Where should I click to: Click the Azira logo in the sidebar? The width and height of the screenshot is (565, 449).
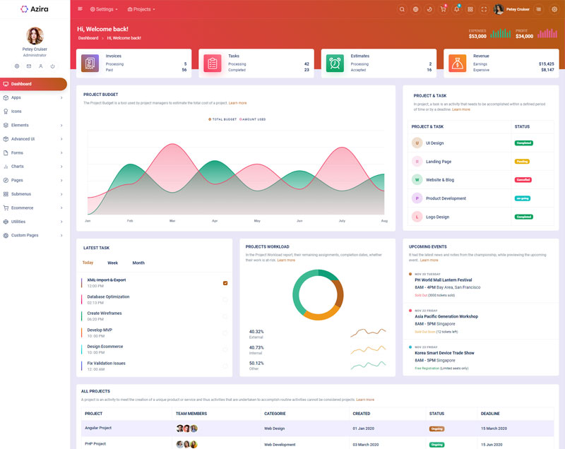(x=34, y=9)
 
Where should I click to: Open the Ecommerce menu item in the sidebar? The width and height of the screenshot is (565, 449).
(x=22, y=208)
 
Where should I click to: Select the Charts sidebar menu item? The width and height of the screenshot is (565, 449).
(x=18, y=167)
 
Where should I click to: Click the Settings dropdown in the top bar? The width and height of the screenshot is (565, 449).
(x=105, y=9)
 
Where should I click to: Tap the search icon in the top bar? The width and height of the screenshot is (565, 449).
(x=402, y=9)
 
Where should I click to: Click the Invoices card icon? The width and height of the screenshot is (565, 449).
(x=90, y=64)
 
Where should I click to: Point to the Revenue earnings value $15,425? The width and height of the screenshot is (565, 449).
(x=542, y=64)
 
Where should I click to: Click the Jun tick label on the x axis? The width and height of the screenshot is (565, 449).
(x=299, y=221)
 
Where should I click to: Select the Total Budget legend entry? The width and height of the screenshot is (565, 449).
(x=223, y=119)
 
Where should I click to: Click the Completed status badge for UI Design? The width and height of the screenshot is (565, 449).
(x=523, y=143)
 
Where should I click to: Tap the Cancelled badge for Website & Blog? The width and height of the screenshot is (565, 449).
(x=523, y=180)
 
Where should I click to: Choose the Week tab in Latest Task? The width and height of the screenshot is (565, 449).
(x=113, y=263)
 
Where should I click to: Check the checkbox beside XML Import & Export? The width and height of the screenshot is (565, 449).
(x=225, y=283)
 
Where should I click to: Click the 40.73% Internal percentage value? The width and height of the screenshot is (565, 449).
(x=256, y=347)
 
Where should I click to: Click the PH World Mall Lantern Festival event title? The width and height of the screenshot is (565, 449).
(x=453, y=280)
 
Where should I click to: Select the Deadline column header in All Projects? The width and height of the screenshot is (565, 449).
(x=490, y=414)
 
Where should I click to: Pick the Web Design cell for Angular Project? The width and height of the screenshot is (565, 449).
(x=275, y=428)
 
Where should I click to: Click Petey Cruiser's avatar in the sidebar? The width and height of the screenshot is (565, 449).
(x=35, y=35)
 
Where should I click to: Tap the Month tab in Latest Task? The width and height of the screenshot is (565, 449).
(x=138, y=263)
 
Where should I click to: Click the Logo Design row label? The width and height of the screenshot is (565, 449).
(x=437, y=217)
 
